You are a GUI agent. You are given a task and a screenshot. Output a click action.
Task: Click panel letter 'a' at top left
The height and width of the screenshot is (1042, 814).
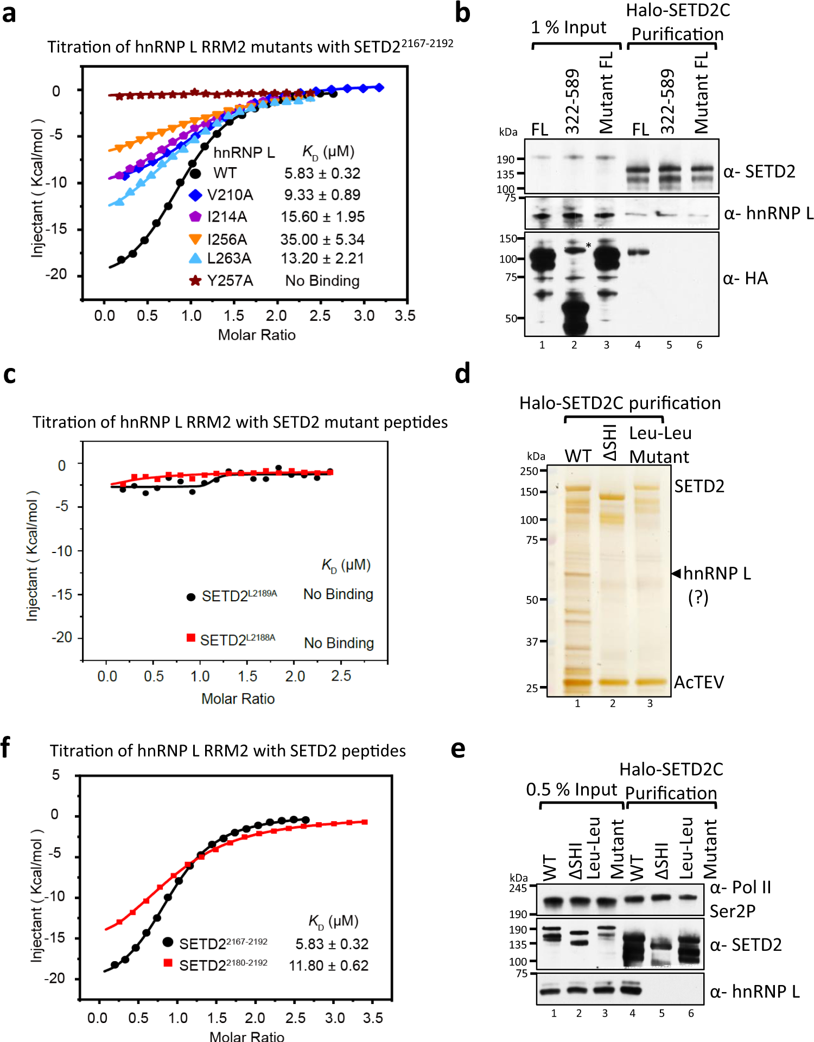tap(9, 13)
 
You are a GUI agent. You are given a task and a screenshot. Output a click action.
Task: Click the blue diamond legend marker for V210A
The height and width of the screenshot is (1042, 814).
tap(195, 195)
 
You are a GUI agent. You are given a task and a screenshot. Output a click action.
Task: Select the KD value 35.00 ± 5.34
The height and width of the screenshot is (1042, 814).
tap(322, 239)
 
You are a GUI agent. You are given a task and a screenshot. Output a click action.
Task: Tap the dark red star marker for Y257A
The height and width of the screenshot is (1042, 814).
tap(195, 281)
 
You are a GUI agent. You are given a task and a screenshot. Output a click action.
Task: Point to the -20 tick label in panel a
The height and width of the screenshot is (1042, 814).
tap(56, 274)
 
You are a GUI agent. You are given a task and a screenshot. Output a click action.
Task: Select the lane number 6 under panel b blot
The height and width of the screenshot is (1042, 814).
tap(699, 345)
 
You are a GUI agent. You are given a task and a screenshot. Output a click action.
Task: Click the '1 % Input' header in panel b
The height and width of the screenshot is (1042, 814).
tap(568, 27)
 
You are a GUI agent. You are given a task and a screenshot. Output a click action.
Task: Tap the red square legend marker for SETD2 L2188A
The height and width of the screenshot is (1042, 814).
tap(191, 638)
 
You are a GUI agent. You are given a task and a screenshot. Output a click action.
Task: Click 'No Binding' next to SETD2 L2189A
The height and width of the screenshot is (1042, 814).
tap(338, 594)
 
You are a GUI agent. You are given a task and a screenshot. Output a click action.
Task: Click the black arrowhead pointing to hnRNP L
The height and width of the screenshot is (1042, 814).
tap(676, 573)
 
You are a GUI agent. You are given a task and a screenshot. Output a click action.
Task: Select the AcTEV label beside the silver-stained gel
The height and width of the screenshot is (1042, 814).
tap(699, 682)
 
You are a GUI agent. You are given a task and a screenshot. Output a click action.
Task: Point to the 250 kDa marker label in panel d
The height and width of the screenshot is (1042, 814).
tap(529, 471)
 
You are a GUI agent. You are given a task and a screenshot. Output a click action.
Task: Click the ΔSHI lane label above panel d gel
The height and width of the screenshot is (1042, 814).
tap(610, 442)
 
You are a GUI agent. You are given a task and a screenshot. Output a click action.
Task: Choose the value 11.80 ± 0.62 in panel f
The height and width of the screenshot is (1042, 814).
tap(328, 965)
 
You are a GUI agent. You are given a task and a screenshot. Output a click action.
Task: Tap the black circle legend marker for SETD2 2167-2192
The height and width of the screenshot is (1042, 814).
tap(168, 942)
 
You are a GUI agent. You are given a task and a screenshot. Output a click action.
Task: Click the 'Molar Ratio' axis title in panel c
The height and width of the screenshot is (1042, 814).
tap(238, 698)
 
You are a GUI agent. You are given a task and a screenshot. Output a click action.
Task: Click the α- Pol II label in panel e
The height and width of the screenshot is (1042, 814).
tap(740, 887)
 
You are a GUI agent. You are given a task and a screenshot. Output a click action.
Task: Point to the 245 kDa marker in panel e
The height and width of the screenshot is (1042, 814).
tap(518, 888)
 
